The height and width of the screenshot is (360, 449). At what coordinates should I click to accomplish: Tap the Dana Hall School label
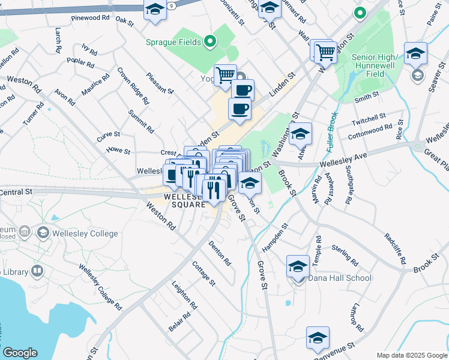(x=340, y=278)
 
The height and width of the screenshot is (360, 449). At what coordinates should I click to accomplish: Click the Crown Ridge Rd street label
(x=133, y=86)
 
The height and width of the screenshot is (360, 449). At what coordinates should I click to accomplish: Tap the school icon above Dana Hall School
(x=298, y=266)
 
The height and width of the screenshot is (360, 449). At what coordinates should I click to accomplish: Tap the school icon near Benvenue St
(x=318, y=338)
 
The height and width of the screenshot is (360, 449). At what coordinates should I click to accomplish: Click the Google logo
(x=20, y=353)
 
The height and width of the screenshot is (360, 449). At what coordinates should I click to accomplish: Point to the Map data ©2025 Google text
(x=412, y=355)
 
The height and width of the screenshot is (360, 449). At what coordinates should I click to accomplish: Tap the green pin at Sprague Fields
(x=209, y=41)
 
